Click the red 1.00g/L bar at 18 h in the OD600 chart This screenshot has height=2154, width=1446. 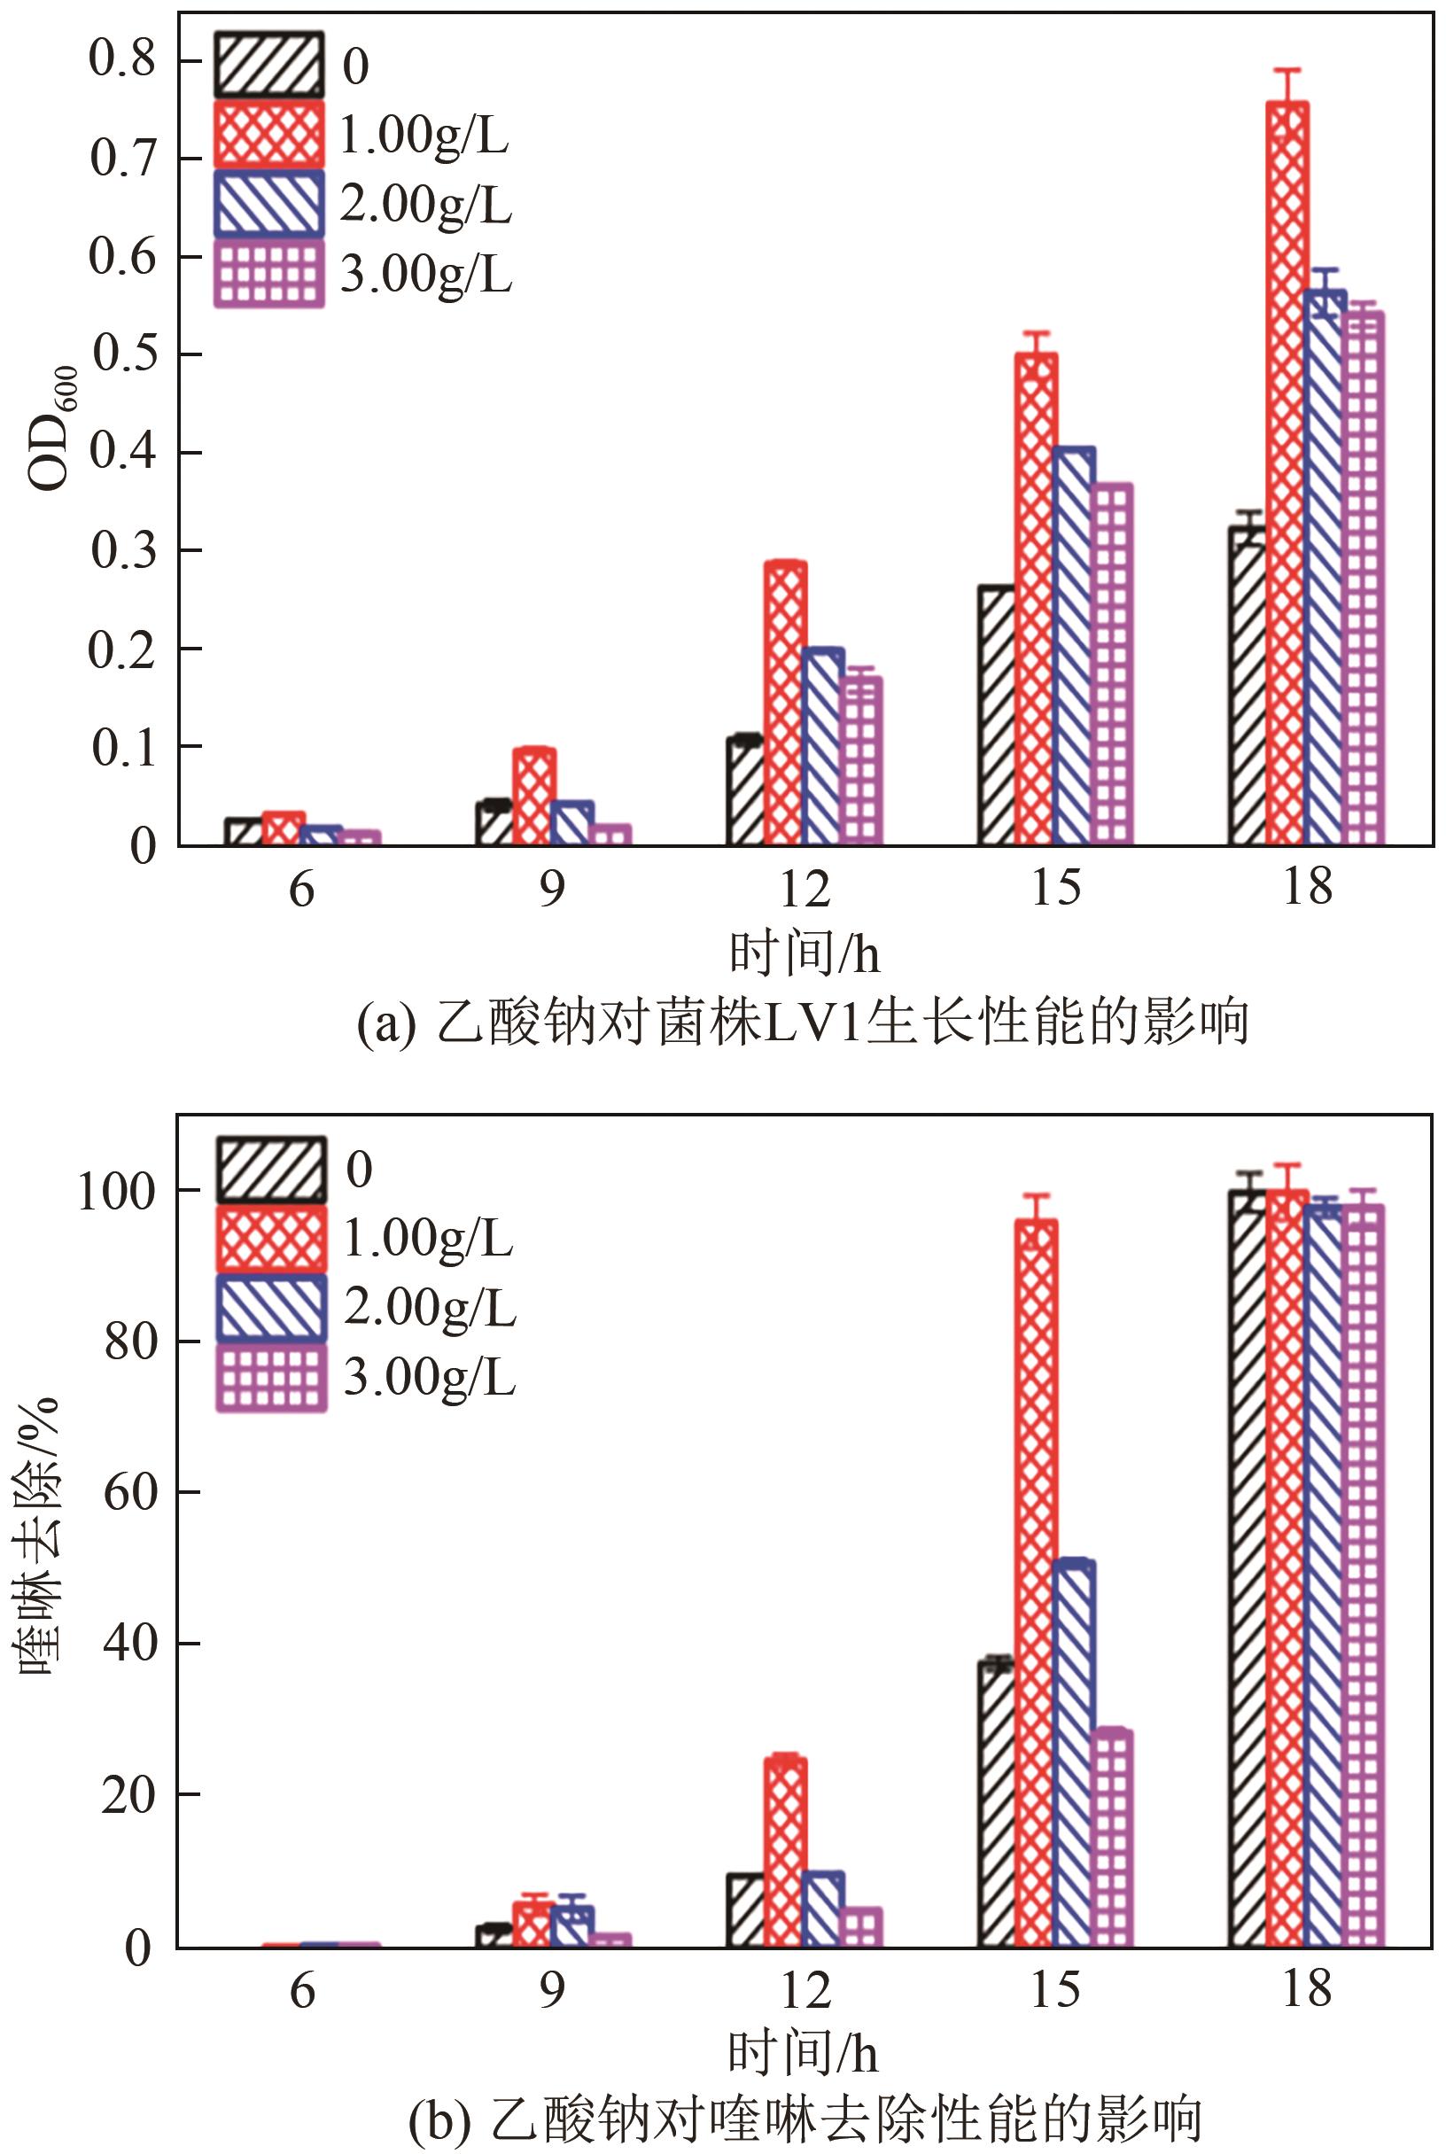[1287, 470]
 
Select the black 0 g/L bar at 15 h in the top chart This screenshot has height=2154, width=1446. [996, 715]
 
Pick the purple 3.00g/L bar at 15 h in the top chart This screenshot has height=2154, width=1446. [1112, 664]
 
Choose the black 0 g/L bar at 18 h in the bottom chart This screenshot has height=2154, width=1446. [1248, 1567]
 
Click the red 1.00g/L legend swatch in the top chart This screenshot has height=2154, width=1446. [269, 135]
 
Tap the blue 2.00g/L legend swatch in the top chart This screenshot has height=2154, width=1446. [269, 204]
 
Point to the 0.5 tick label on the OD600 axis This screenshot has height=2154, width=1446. [122, 354]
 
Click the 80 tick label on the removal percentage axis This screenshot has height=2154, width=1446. [128, 1341]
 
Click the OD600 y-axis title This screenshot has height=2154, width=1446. [51, 429]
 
